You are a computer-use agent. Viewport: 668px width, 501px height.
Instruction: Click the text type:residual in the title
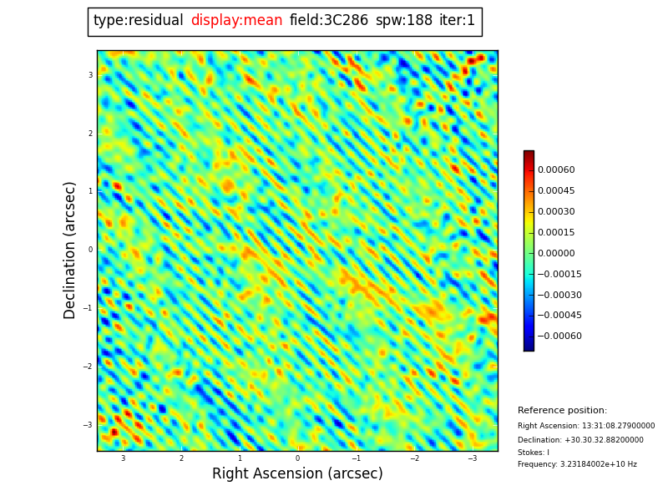(x=138, y=21)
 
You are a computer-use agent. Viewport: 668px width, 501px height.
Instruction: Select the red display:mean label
(x=236, y=21)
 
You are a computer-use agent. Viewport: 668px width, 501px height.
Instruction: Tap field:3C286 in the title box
(x=328, y=21)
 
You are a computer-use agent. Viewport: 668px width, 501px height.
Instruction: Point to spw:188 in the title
(x=403, y=21)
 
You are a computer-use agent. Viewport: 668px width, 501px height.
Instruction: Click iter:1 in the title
(x=457, y=21)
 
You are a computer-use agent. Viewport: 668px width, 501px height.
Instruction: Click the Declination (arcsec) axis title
(x=70, y=250)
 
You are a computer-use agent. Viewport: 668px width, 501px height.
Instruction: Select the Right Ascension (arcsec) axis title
(x=297, y=473)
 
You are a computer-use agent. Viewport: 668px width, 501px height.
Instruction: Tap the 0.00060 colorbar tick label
(x=555, y=170)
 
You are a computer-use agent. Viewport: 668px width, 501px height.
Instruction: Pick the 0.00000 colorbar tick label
(x=555, y=254)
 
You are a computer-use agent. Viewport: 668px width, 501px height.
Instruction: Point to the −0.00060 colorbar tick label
(x=559, y=337)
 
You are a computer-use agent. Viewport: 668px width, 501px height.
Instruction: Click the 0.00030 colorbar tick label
(x=555, y=212)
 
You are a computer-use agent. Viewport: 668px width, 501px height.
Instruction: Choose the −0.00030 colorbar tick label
(x=559, y=295)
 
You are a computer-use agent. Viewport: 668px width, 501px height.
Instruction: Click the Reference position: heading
(x=562, y=411)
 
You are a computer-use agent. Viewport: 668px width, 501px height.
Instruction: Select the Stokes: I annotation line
(x=533, y=453)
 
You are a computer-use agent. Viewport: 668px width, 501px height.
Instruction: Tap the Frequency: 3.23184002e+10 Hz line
(x=577, y=464)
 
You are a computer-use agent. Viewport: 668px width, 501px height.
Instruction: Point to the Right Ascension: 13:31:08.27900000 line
(x=586, y=426)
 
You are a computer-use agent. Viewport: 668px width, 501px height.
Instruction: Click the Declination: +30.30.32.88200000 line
(x=580, y=440)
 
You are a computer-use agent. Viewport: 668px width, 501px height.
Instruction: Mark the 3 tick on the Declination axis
(x=90, y=75)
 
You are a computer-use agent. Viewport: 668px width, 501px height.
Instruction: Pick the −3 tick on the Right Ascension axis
(x=472, y=458)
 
